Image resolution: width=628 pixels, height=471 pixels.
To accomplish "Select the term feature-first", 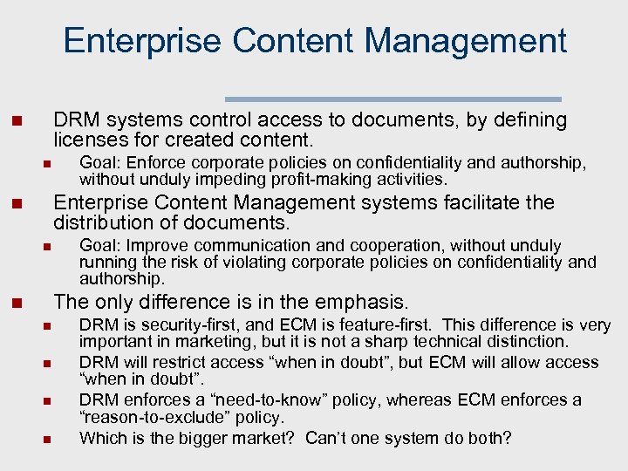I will click(374, 325).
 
